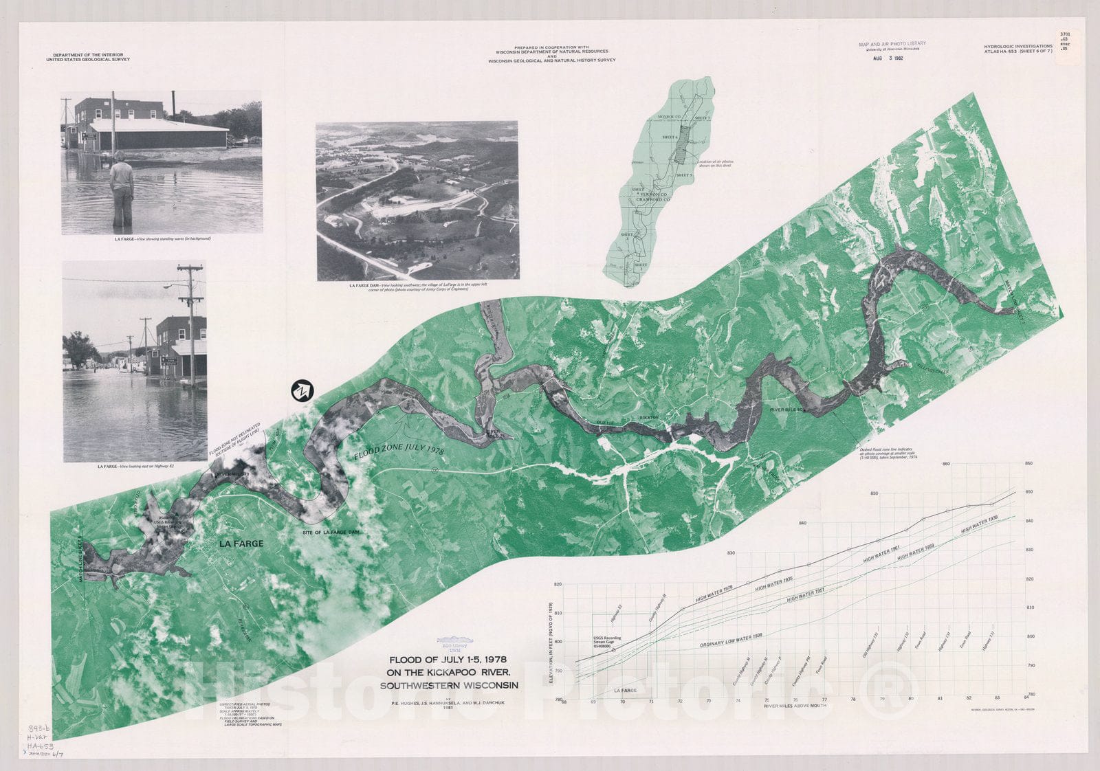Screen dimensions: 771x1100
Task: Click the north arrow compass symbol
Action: pyautogui.click(x=301, y=391)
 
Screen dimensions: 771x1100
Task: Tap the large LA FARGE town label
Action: pyautogui.click(x=241, y=544)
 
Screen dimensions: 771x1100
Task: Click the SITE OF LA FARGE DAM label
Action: pyautogui.click(x=331, y=533)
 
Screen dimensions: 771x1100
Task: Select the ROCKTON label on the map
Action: pyautogui.click(x=649, y=418)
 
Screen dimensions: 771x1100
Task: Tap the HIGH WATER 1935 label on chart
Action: pyautogui.click(x=774, y=584)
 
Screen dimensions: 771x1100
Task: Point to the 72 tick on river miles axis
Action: pyautogui.click(x=680, y=701)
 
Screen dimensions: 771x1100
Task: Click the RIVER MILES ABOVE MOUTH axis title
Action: pyautogui.click(x=795, y=706)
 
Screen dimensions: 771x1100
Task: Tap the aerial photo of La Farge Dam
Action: pyautogui.click(x=417, y=201)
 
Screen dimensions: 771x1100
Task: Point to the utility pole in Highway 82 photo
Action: pyautogui.click(x=191, y=323)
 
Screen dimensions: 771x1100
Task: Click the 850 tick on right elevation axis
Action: pyautogui.click(x=1029, y=492)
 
